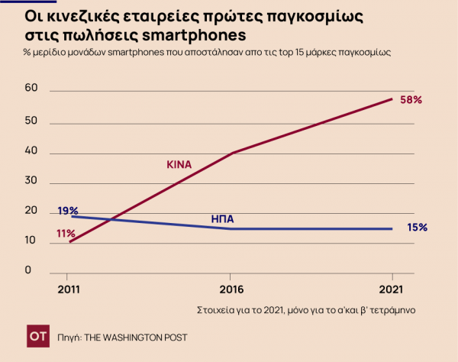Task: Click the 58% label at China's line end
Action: pos(411,100)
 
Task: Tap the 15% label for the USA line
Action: pos(416,227)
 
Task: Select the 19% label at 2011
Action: pos(68,210)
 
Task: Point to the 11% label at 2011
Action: pos(65,233)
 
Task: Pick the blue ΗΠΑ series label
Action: pos(222,218)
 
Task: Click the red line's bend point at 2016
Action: pos(231,153)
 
